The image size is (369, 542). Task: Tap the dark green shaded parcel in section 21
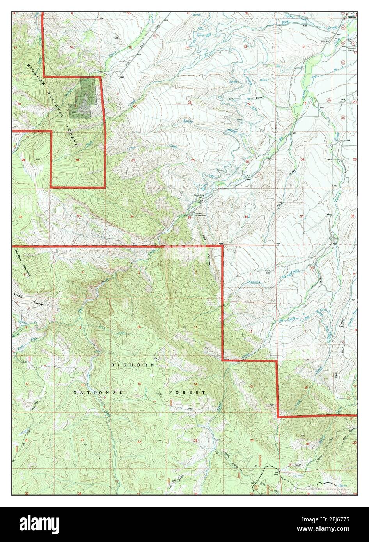pos(82,97)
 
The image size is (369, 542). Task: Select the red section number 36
pos(246,216)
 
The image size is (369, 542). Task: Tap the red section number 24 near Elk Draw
pos(248,104)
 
